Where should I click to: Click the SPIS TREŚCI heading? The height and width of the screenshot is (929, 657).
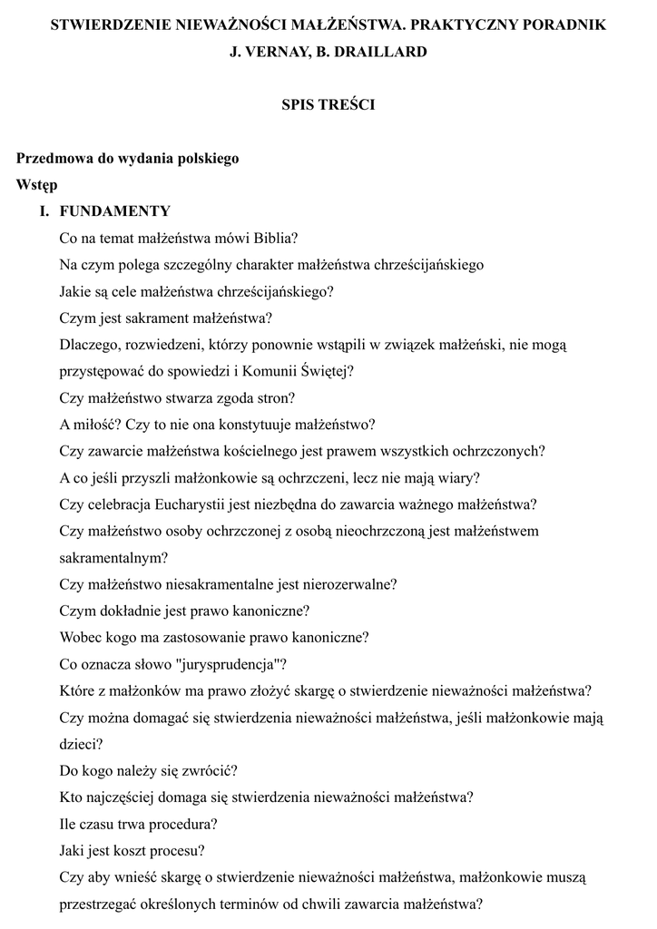pos(328,104)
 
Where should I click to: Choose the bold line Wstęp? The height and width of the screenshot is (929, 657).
pos(36,185)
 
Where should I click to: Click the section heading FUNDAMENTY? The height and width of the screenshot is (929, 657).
pos(114,211)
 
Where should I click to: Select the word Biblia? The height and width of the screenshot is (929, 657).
pos(274,239)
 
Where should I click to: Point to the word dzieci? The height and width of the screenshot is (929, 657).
pos(78,744)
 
